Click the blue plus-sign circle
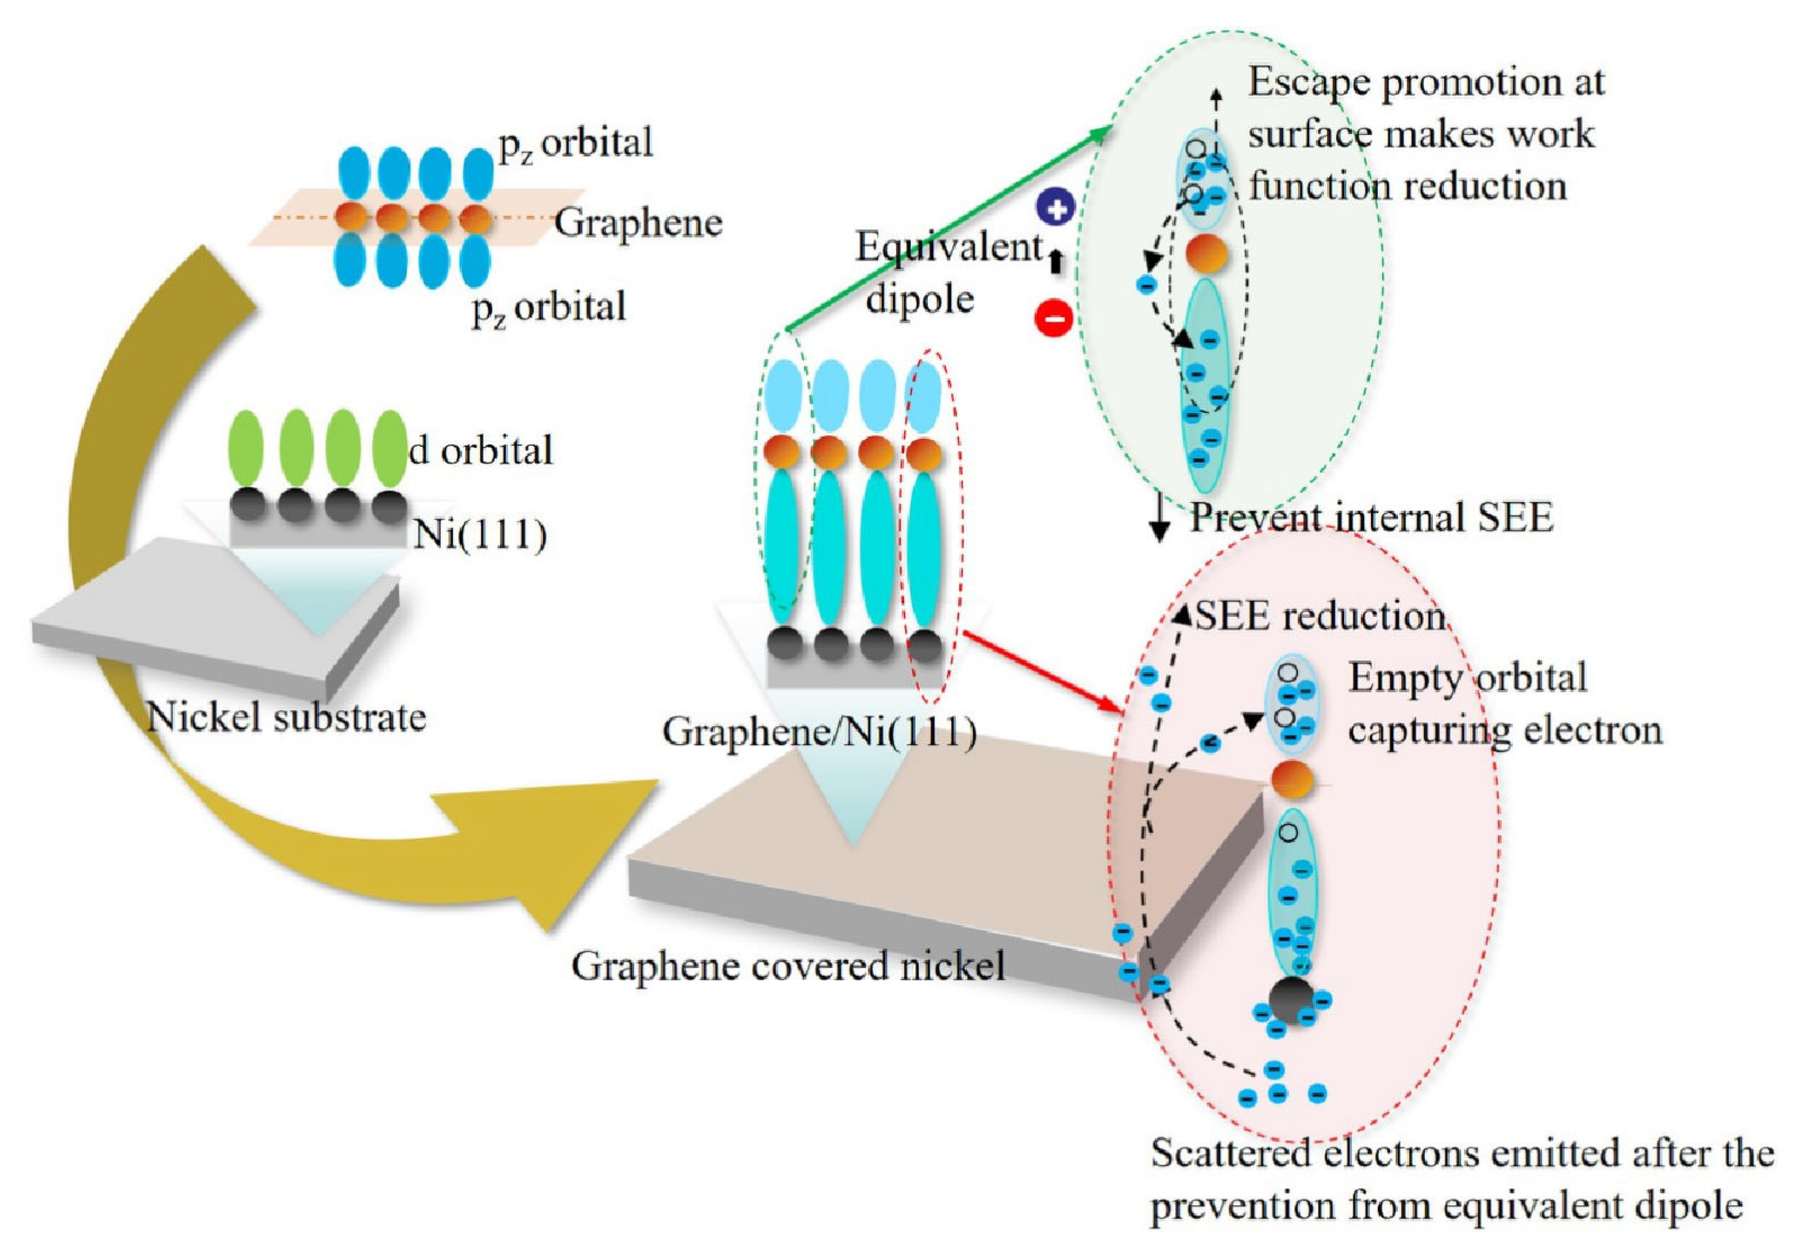1055,209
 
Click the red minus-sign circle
1054,317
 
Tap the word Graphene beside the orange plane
638,223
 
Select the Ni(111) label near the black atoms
480,535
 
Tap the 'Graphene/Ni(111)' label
819,732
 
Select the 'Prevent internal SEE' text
1371,518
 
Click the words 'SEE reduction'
1319,616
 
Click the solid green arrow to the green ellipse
941,232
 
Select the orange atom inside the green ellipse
1205,254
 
